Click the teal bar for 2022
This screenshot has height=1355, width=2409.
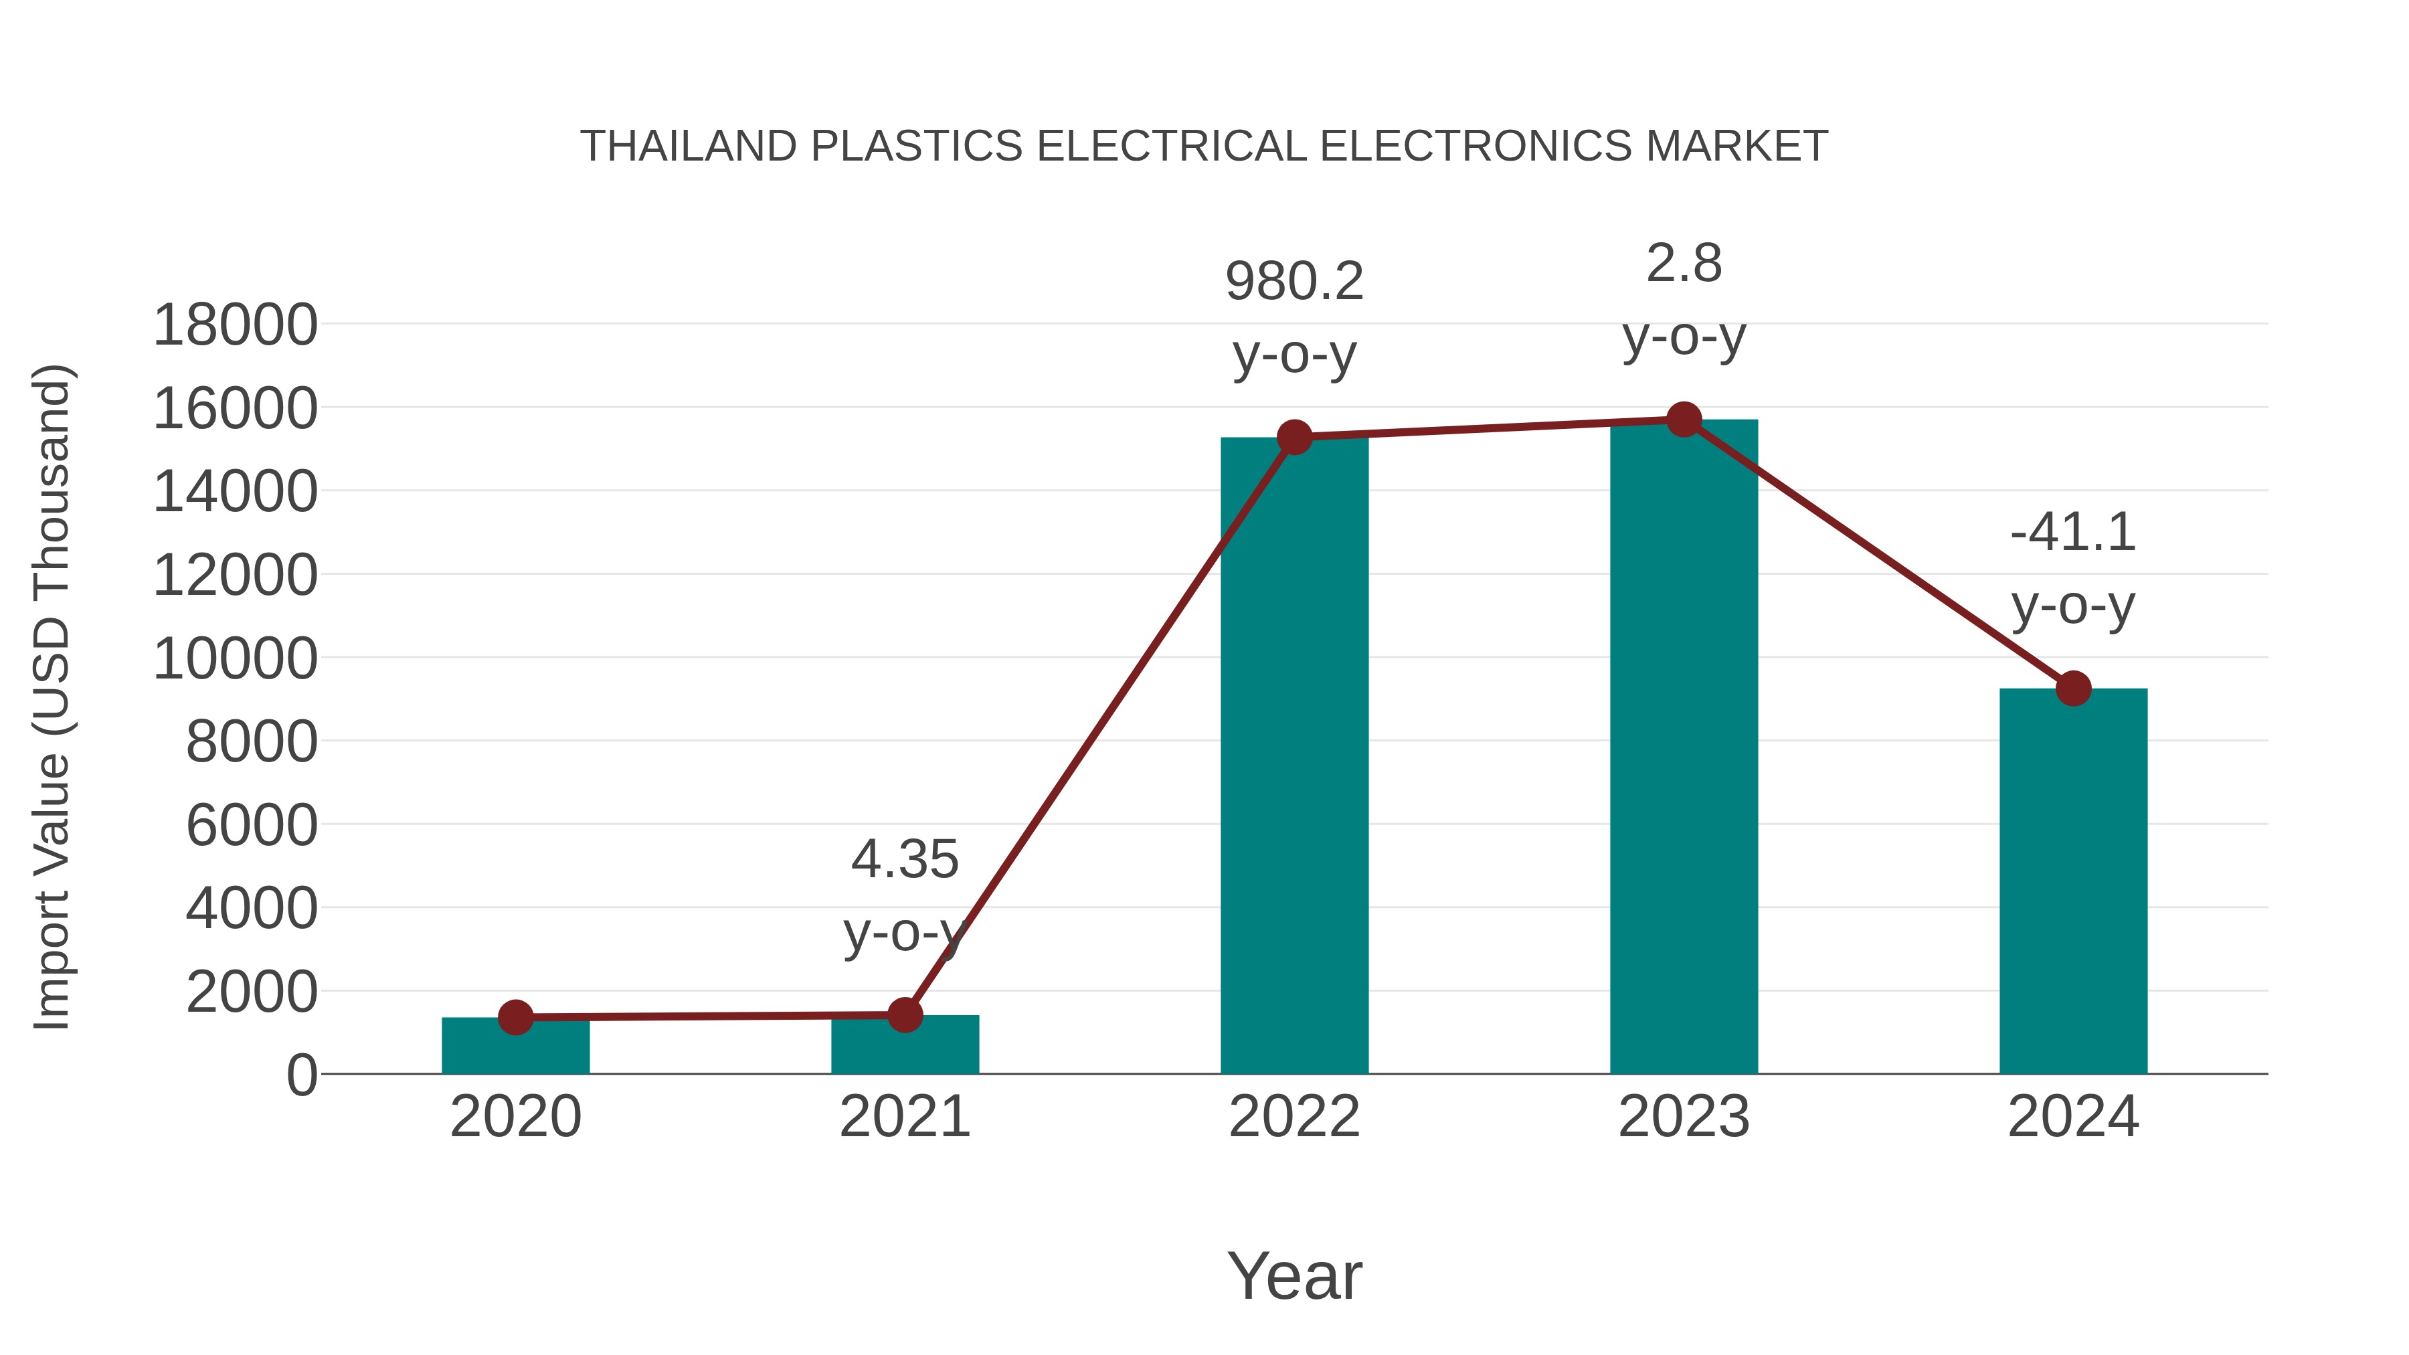tap(1294, 757)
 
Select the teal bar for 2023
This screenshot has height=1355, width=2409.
tap(1684, 748)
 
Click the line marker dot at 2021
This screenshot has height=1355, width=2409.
tap(904, 1014)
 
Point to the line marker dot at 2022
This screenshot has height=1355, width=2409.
tap(1294, 437)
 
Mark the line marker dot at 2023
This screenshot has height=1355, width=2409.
tap(1684, 420)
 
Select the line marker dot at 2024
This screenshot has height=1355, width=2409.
tap(2073, 689)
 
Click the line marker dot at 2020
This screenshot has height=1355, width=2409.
tap(515, 1016)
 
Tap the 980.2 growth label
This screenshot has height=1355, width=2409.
tap(1294, 282)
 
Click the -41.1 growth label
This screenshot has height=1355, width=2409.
tap(2073, 533)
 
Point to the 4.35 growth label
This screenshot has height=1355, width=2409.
tap(904, 859)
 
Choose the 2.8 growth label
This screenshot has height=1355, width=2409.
tap(1684, 264)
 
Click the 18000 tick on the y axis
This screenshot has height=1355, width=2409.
tap(235, 325)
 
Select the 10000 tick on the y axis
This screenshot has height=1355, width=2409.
tap(235, 658)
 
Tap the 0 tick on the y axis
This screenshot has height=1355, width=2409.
tap(302, 1075)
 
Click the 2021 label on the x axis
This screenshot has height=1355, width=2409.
tap(904, 1117)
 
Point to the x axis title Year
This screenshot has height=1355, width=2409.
tap(1294, 1275)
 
